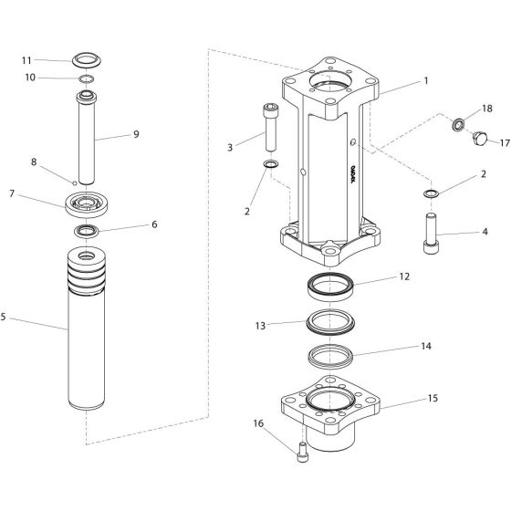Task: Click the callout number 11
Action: pos(26,60)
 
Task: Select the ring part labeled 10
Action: pos(86,80)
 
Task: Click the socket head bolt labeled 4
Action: pos(429,236)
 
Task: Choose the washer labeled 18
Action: pos(460,122)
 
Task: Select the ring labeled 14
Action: pos(330,353)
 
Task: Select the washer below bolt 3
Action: pos(271,164)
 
